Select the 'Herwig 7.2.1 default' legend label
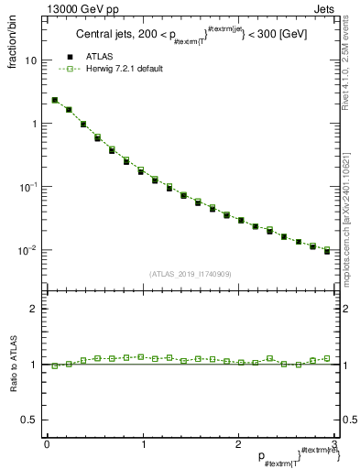pyautogui.click(x=125, y=70)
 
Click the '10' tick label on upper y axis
pyautogui.click(x=30, y=60)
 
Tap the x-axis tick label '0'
pyautogui.click(x=47, y=444)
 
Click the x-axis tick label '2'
pyautogui.click(x=238, y=444)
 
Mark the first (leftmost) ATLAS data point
pyautogui.click(x=55, y=100)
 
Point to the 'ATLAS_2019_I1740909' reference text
pyautogui.click(x=189, y=274)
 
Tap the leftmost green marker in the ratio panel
pyautogui.click(x=55, y=365)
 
